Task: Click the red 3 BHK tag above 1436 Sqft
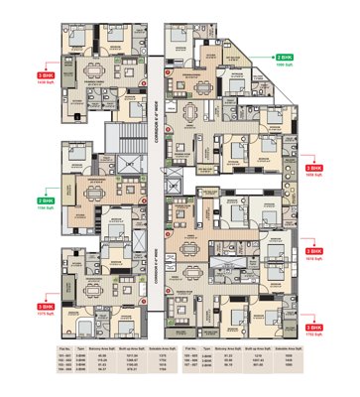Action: tap(46, 74)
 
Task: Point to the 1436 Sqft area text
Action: tap(46, 82)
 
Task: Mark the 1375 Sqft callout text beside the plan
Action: tap(46, 300)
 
